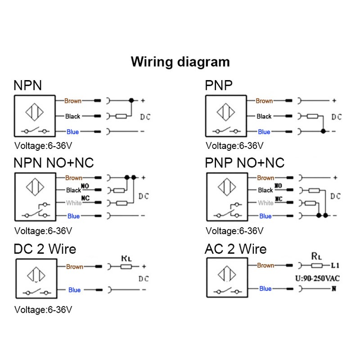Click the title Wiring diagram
[x=180, y=61]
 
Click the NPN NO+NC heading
[x=54, y=162]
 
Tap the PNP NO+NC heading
[x=245, y=162]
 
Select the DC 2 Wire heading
[x=45, y=249]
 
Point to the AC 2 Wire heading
[x=235, y=249]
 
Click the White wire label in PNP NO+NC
[x=265, y=203]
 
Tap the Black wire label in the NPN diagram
[x=72, y=116]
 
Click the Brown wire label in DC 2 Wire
[x=75, y=266]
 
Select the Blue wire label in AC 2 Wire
[x=265, y=288]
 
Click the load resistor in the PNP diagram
[x=313, y=116]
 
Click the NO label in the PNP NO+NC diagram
[x=278, y=185]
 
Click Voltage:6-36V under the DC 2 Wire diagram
[x=43, y=310]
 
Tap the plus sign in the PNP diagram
[x=334, y=101]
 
